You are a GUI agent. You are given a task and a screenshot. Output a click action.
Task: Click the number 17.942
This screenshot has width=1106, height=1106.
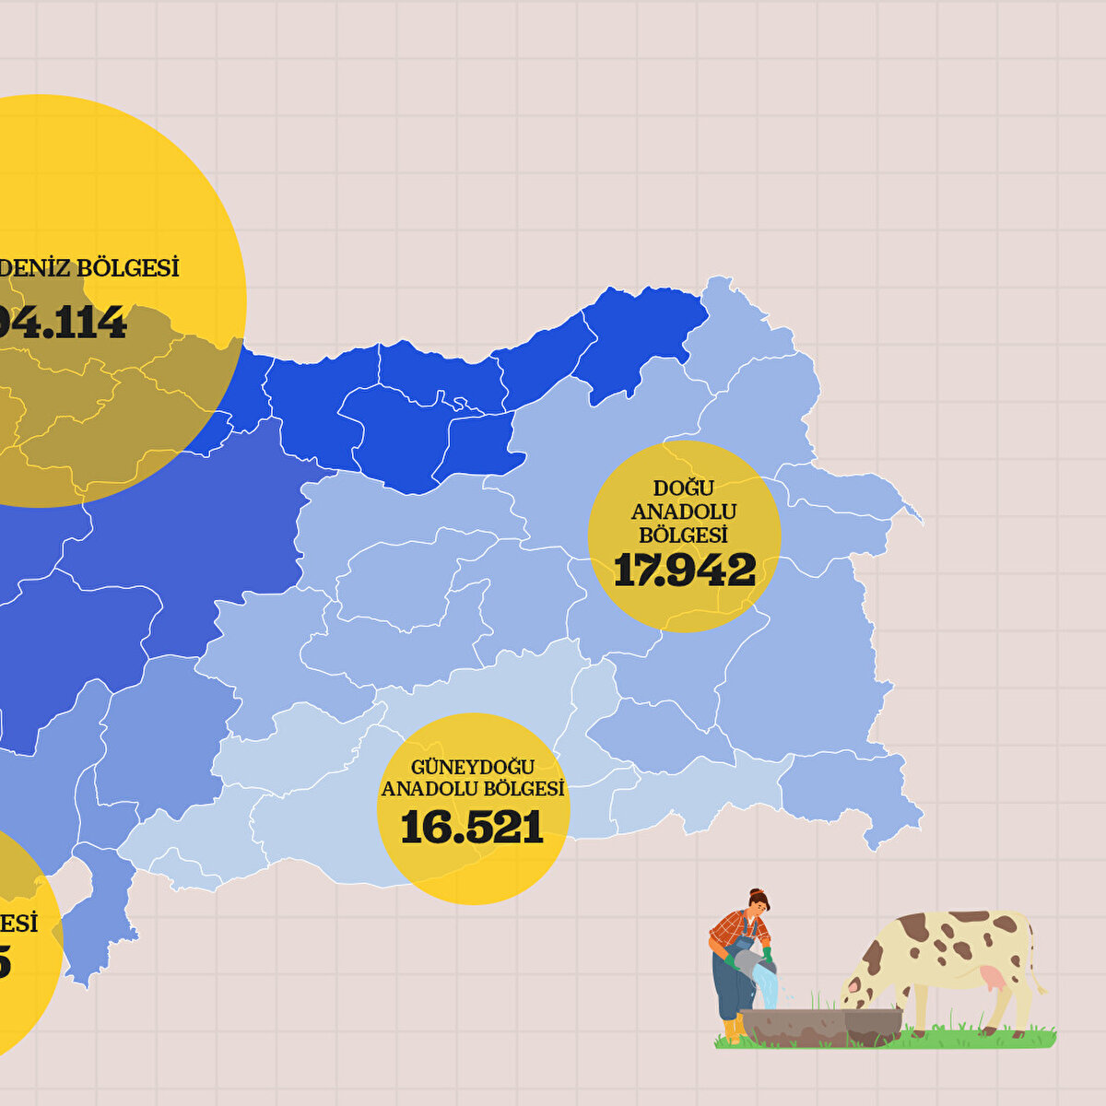[684, 571]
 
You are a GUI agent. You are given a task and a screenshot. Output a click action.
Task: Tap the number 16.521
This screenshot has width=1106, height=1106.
[472, 828]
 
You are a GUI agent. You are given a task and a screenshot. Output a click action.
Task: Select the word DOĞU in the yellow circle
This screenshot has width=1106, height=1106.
[684, 488]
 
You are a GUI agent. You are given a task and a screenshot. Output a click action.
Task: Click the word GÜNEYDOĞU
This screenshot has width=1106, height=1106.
[472, 767]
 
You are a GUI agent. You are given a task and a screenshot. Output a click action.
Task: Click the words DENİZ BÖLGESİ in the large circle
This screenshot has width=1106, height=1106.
[89, 268]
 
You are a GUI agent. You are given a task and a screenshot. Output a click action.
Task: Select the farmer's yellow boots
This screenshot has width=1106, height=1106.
[731, 1030]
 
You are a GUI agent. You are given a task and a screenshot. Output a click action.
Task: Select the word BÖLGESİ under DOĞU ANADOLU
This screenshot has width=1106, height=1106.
[684, 535]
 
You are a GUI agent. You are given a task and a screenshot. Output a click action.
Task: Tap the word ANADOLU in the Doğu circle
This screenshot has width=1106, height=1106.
[684, 512]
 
